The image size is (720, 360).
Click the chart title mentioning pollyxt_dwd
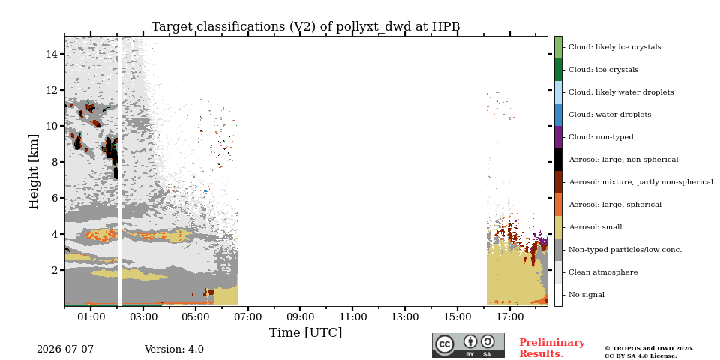pos(306,27)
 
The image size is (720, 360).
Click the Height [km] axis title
pos(34,172)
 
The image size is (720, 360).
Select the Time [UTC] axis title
pos(306,332)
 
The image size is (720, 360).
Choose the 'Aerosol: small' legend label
pos(595,227)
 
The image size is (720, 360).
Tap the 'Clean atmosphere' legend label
pos(603,272)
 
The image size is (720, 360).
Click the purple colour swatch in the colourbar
pos(558,137)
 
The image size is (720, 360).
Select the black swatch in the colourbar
pos(558,160)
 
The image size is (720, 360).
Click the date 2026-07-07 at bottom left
pos(65,349)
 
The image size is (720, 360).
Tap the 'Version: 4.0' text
pos(174,349)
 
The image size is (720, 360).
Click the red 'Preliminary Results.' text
pos(552,348)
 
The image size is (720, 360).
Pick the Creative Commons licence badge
pos(468,345)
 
